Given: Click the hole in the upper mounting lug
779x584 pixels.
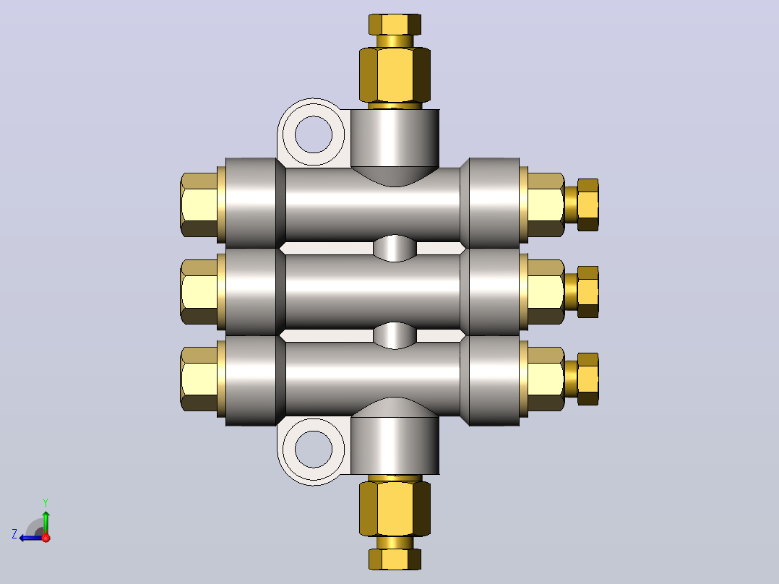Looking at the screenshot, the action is (314, 134).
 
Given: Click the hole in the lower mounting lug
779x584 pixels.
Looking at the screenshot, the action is (314, 450).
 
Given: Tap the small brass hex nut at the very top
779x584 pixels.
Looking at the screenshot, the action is (395, 25).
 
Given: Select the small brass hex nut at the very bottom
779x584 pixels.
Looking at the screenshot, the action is (395, 559).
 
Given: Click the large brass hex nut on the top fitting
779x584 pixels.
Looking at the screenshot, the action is (395, 75).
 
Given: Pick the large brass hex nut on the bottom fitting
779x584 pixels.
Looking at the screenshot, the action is (395, 508).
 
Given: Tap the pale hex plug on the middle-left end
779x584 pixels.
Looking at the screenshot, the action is (199, 292).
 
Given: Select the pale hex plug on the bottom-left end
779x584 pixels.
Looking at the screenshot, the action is (199, 379).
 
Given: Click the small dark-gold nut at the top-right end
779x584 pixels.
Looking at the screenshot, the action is (588, 205).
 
